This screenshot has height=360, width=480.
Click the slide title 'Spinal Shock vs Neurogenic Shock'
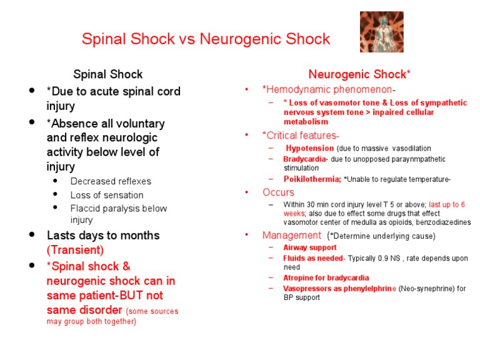(x=206, y=39)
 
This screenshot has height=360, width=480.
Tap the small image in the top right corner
(x=381, y=32)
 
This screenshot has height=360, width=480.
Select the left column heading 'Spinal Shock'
(x=108, y=74)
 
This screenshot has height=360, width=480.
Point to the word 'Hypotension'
(x=309, y=148)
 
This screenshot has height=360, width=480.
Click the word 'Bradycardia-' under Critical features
(x=306, y=159)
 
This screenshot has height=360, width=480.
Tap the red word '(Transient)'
(x=76, y=250)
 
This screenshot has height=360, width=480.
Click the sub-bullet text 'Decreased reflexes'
(x=111, y=181)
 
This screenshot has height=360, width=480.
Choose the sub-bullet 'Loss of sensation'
(x=107, y=195)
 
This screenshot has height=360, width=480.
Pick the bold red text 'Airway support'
(x=310, y=247)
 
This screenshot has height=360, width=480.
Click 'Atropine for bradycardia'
(x=326, y=277)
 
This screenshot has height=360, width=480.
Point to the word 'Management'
(x=291, y=236)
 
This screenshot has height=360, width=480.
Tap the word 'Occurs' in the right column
(x=278, y=192)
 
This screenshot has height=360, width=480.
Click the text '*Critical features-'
(x=301, y=136)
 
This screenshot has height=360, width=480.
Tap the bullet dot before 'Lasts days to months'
(x=32, y=235)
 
